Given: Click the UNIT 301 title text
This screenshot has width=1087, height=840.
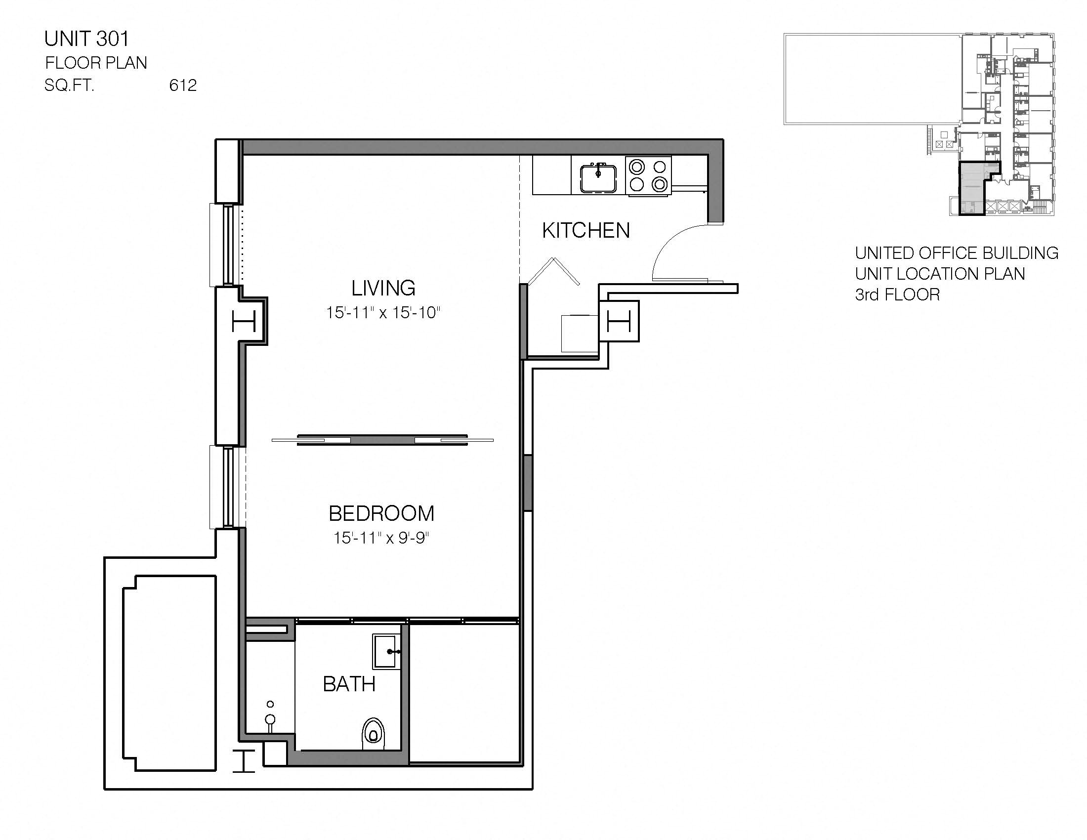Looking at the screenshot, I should click(86, 39).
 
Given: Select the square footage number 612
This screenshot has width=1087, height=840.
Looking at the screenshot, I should click(183, 85).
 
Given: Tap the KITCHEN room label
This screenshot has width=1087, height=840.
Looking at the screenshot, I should click(586, 230).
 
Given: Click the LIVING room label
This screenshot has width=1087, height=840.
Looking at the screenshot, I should click(383, 288).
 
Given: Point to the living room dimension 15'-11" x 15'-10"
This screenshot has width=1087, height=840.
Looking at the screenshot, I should click(383, 312).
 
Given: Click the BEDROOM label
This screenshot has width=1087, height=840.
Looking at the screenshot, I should click(381, 513).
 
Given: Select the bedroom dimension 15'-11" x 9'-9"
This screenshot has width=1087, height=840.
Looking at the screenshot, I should click(381, 538).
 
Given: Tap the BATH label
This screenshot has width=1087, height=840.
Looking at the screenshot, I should click(349, 685).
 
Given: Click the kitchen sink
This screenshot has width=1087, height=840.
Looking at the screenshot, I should click(598, 178).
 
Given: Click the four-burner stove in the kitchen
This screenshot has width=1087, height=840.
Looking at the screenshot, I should click(648, 175).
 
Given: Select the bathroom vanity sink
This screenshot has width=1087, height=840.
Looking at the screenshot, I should click(386, 651).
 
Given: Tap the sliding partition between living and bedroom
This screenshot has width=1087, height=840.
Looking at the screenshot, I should click(382, 440).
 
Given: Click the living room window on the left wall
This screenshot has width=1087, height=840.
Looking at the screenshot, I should click(227, 245).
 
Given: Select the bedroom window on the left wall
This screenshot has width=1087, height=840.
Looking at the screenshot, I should click(227, 487).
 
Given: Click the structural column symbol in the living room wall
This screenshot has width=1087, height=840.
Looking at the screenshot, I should click(244, 322).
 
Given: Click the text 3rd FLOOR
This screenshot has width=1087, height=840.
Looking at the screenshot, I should click(897, 294).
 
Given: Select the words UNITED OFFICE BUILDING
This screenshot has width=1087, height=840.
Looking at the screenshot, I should click(956, 253).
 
